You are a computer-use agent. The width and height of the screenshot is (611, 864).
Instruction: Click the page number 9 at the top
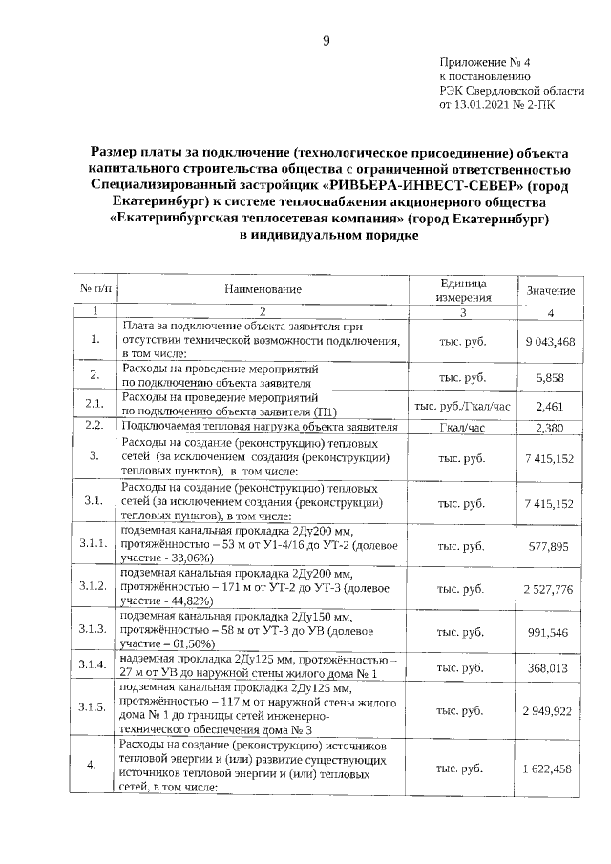click(325, 40)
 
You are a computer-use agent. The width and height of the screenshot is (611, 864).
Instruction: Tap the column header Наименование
click(263, 289)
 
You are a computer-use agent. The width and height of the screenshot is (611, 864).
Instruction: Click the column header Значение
click(551, 289)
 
